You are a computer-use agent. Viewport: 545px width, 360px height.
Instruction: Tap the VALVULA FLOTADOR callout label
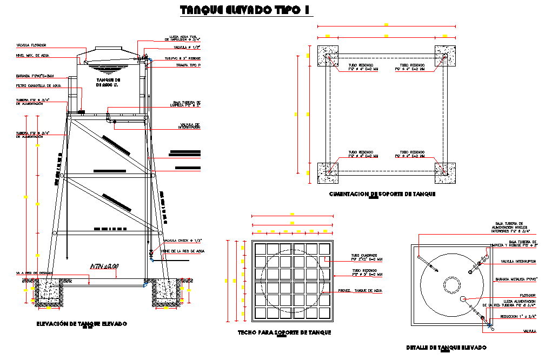point(31,45)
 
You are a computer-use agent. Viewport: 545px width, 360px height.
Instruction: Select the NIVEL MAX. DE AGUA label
point(32,55)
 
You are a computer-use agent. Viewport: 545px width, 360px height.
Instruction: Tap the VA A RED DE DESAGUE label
point(34,274)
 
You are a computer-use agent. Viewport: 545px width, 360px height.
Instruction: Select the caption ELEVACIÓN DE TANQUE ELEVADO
point(82,324)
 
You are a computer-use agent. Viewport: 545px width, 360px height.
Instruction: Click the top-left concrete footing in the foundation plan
point(328,56)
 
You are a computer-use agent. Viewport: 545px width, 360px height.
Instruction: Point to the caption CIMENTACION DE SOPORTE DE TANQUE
point(382,194)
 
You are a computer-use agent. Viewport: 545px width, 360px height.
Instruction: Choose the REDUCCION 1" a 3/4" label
point(517,317)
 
